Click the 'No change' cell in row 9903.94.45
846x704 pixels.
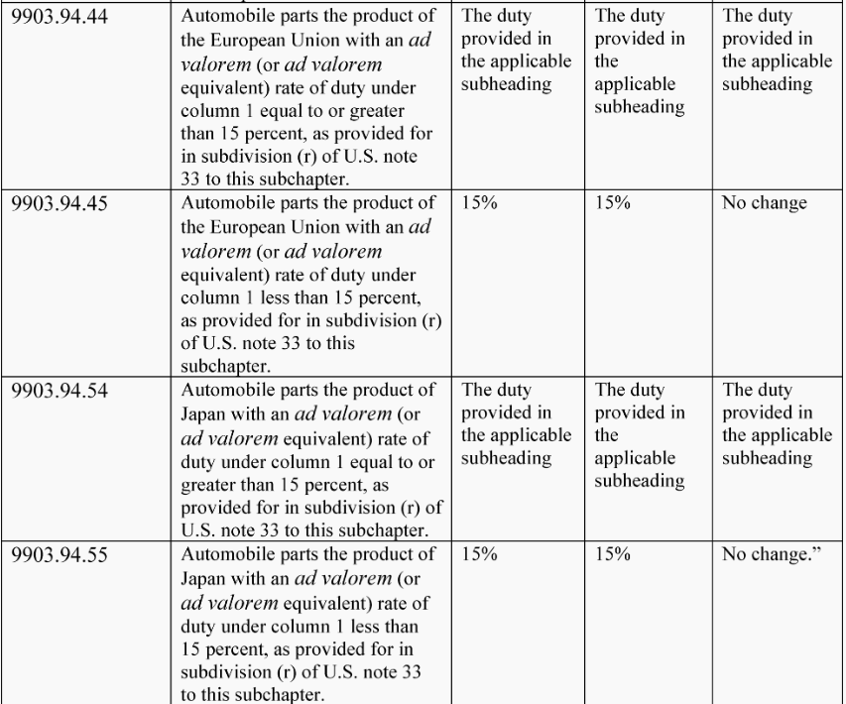coord(765,204)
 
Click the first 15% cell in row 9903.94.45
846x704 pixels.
coord(479,204)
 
